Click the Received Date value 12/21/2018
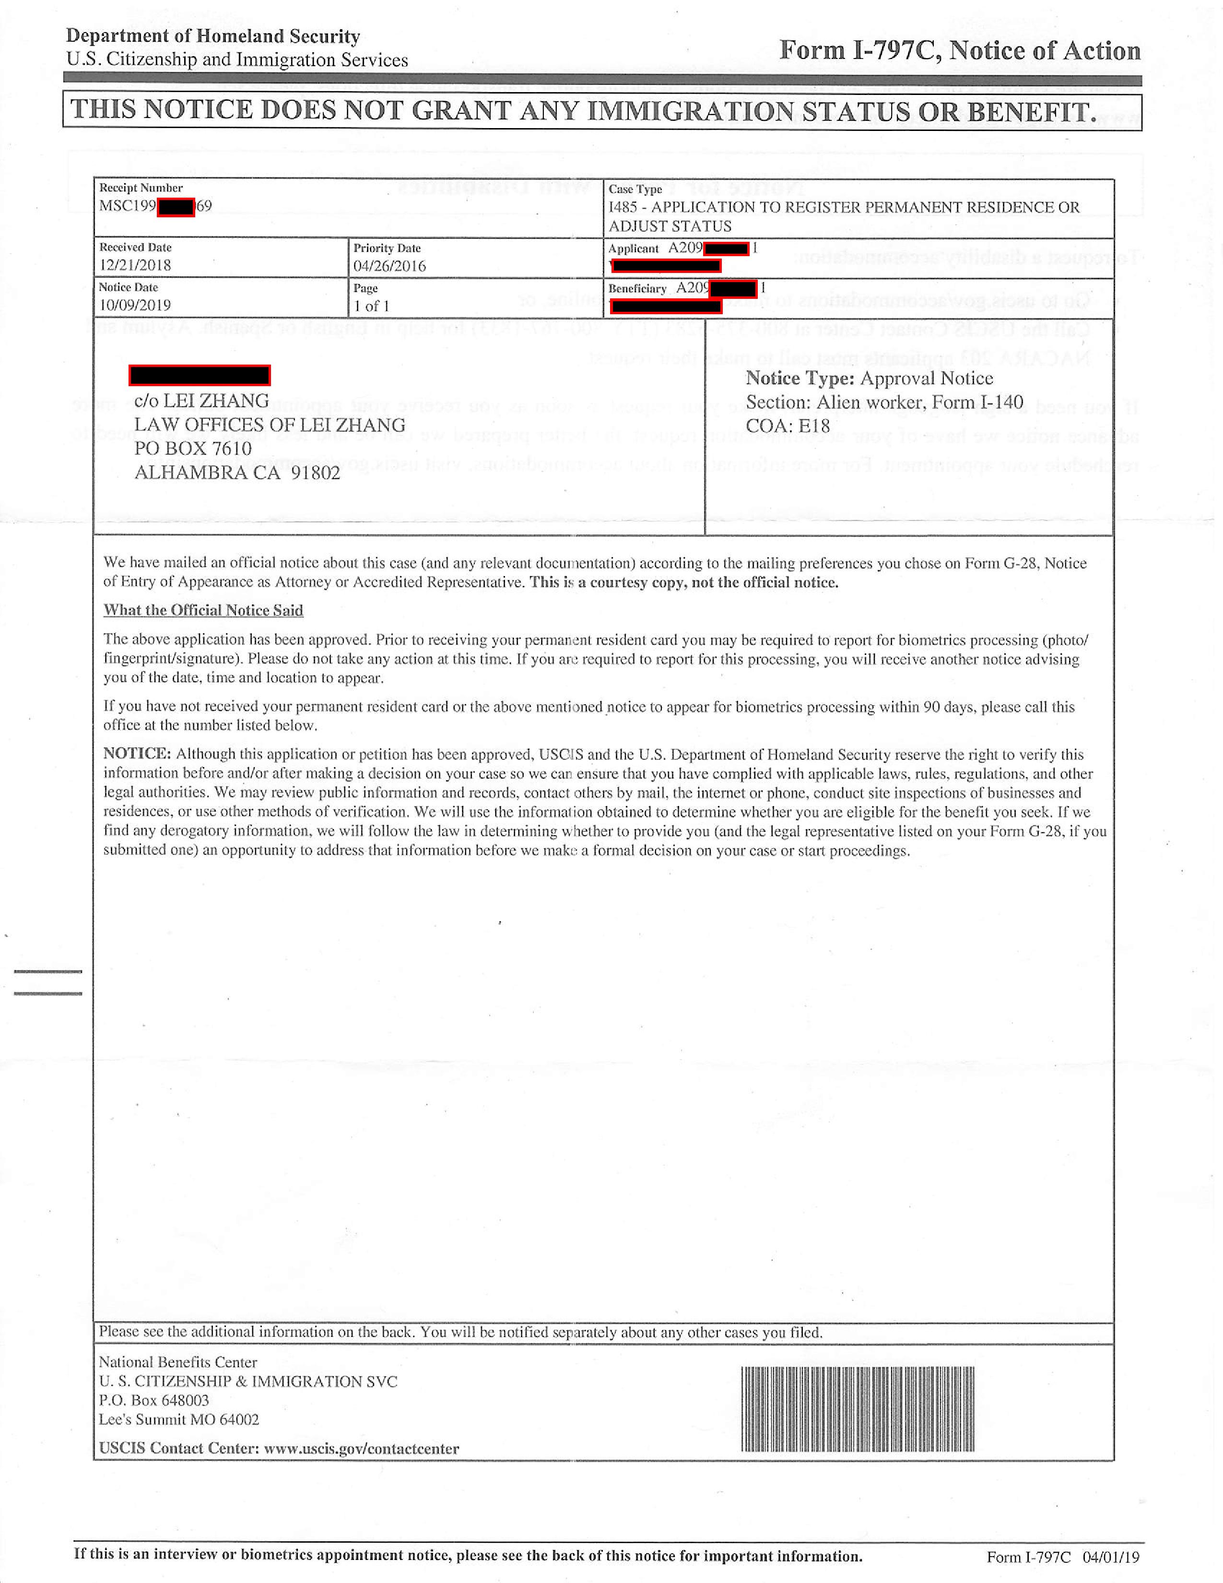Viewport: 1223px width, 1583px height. (x=135, y=265)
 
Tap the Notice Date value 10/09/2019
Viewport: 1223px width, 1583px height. (x=135, y=305)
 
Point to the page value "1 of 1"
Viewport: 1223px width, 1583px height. (x=372, y=306)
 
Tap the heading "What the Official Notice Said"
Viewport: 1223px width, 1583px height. (x=203, y=610)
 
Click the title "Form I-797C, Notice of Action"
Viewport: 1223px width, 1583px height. (x=959, y=51)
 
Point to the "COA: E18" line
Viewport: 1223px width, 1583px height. (x=788, y=425)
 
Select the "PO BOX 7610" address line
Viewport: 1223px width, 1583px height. (x=193, y=449)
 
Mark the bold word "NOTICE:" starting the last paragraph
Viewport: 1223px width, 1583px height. (x=137, y=754)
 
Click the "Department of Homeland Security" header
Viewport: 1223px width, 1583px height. (x=213, y=36)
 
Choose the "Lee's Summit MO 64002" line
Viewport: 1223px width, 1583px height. (x=179, y=1419)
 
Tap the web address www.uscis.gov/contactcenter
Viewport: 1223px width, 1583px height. (x=361, y=1448)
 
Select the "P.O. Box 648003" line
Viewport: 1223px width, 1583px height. (x=153, y=1400)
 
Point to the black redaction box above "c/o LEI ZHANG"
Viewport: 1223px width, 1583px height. (x=199, y=376)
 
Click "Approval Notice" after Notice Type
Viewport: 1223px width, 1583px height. (x=926, y=378)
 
